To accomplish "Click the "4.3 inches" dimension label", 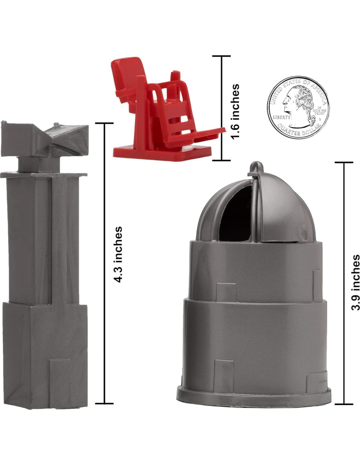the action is pos(118,254).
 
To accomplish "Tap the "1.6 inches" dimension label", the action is pos(235,112).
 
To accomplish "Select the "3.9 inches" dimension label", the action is pos(355,282).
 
